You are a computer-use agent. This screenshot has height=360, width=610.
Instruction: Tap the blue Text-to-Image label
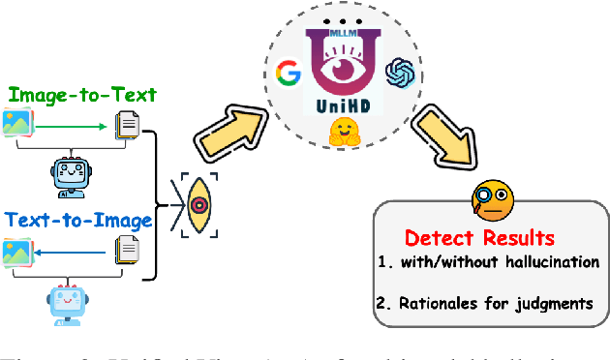click(78, 221)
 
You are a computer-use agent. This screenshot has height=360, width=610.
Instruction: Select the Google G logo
click(287, 71)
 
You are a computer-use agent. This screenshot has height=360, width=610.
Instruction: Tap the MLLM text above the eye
click(340, 34)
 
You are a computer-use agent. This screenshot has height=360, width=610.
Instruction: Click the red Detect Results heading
click(479, 238)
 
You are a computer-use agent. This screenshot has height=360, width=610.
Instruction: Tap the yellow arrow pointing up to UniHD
click(233, 130)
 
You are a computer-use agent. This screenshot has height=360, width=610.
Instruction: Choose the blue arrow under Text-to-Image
click(78, 251)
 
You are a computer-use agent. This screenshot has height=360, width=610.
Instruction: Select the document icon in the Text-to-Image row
click(127, 252)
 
